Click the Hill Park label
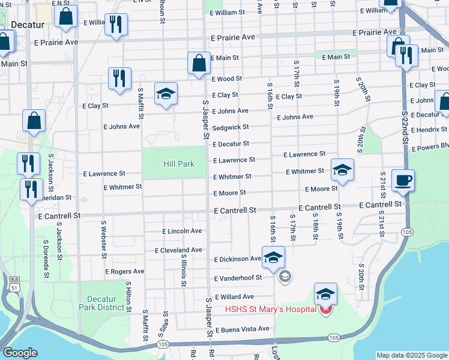pos(179,164)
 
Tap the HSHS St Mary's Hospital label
pos(270,310)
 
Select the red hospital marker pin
pos(325,310)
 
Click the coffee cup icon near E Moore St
pos(402,180)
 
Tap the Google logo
pos(20,353)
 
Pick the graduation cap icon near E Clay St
pos(166,94)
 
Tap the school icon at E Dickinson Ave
pos(273,257)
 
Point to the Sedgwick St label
pos(231,128)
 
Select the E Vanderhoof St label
pos(238,278)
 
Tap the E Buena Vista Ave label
pos(242,329)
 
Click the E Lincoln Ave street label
pos(182,231)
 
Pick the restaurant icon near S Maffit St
pos(119,78)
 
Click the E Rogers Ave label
pos(125,271)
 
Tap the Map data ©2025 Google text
pos(412,355)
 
